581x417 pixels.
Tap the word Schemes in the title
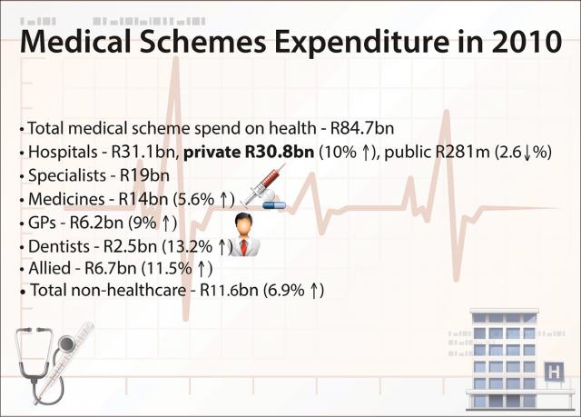pos(202,41)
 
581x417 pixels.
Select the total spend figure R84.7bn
pos(362,128)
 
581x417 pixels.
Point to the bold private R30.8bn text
pos(249,152)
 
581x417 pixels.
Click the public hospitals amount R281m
pos(462,152)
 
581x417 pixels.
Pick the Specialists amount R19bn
pos(144,175)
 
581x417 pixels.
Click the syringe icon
pos(263,184)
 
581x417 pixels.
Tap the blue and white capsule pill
pos(274,205)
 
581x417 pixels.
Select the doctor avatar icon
pos(244,234)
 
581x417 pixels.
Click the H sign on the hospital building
pos(554,371)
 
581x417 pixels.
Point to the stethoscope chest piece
pos(66,344)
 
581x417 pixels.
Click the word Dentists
pos(59,246)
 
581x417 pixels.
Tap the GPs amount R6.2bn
pos(96,223)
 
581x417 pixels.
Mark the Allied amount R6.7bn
pos(111,268)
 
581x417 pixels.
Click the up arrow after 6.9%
pos(313,291)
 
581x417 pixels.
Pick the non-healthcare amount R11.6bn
pos(229,290)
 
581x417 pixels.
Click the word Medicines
pos(66,200)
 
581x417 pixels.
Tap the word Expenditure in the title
pos(361,42)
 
